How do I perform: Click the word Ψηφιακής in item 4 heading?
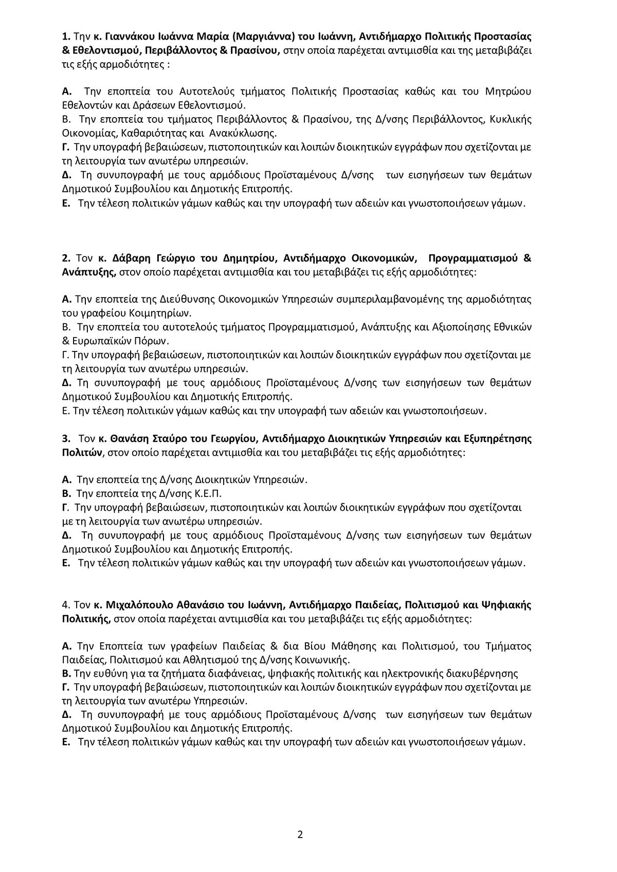click(x=503, y=605)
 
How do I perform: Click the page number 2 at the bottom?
click(x=300, y=834)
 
